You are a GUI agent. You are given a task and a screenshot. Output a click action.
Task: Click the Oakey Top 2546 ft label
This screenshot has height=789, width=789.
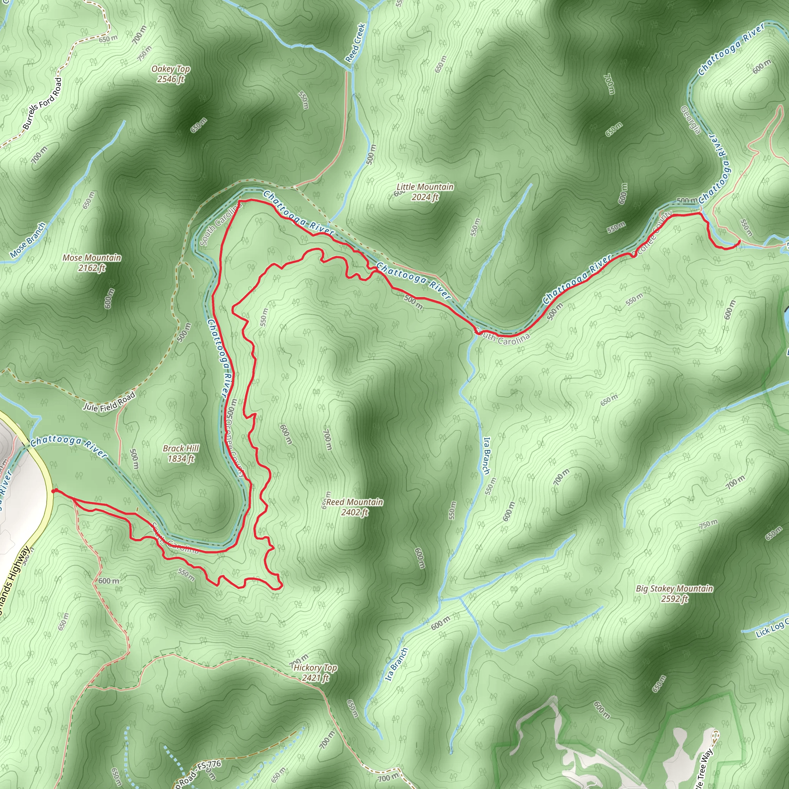click(x=170, y=74)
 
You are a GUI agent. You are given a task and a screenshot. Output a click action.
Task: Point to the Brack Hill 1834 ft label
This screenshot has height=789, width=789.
click(x=181, y=453)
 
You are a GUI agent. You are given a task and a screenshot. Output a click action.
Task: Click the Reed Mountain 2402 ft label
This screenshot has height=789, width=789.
click(x=354, y=507)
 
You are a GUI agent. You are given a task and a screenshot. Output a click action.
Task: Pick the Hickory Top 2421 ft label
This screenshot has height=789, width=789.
click(x=315, y=673)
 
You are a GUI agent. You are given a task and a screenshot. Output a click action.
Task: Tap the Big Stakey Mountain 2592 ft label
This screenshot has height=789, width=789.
click(x=674, y=593)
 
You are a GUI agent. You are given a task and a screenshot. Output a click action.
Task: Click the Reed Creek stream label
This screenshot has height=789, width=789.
click(x=355, y=43)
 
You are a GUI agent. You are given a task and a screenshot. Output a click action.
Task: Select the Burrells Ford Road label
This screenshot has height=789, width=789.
click(x=42, y=104)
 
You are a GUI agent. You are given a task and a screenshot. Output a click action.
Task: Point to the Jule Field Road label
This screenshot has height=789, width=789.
click(x=109, y=402)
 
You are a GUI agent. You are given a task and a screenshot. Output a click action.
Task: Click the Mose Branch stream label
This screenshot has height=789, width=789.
click(x=28, y=240)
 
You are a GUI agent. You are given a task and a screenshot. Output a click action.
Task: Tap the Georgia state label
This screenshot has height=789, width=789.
click(x=691, y=120)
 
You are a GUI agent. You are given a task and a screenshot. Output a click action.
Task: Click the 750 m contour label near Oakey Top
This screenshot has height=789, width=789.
click(x=144, y=54)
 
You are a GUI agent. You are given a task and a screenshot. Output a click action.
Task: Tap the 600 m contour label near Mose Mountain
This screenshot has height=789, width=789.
click(x=109, y=299)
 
